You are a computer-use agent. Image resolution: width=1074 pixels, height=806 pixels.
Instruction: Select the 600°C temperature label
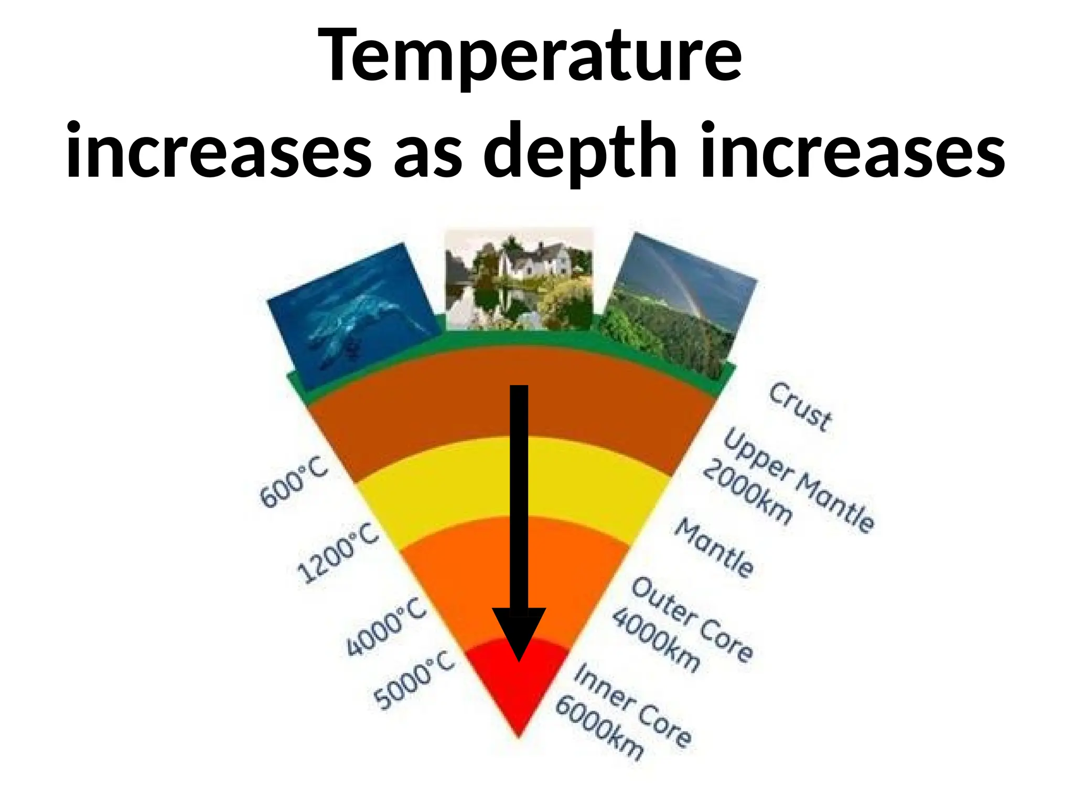[294, 482]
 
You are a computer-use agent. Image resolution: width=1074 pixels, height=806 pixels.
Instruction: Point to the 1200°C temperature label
[338, 553]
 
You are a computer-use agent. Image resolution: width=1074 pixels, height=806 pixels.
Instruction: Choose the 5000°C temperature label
[414, 680]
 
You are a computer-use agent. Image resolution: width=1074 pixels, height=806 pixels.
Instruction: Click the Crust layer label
[800, 407]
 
